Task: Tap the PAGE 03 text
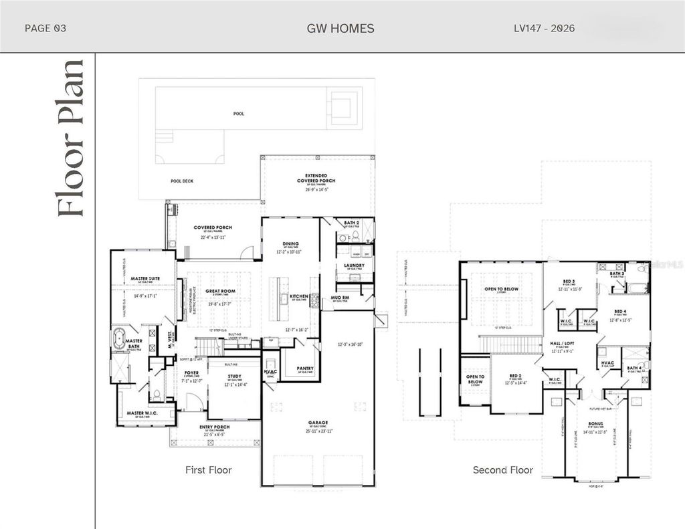coord(45,28)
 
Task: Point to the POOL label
coord(238,114)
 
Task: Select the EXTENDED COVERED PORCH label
coord(316,179)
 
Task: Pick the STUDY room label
coord(234,377)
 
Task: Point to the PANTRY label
coord(295,368)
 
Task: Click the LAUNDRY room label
coord(354,266)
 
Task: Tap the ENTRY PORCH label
coord(215,427)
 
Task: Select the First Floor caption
coord(208,470)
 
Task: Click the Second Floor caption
coord(503,470)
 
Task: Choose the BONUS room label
coord(595,423)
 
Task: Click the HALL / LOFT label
coord(563,343)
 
